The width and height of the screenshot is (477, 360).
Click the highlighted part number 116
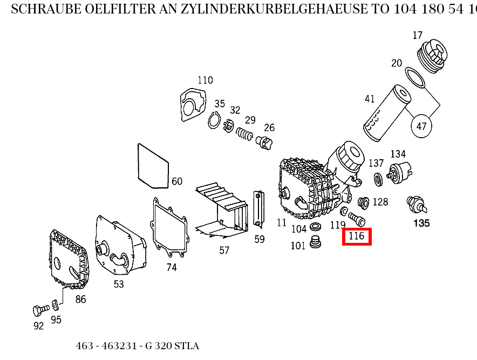tap(357, 236)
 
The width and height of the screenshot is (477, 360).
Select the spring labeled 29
tap(246, 134)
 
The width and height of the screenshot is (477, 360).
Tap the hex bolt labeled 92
tap(38, 311)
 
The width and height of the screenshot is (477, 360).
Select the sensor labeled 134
tap(400, 172)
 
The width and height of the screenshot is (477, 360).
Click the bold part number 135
tap(421, 223)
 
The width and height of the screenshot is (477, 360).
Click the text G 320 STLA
tap(172, 346)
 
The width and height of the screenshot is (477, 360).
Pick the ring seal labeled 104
tap(317, 225)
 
